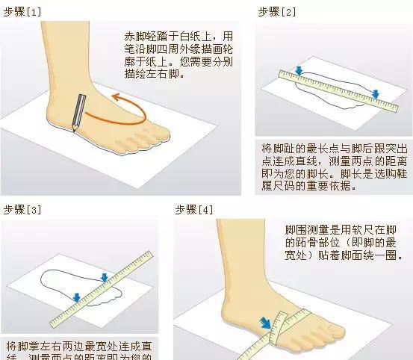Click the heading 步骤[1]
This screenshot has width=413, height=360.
click(22, 11)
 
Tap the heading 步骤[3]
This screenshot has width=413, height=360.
click(22, 208)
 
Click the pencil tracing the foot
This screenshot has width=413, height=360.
click(77, 111)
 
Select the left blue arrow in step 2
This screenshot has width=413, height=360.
click(299, 71)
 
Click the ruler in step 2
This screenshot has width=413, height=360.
click(340, 90)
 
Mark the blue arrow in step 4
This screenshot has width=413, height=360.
click(265, 323)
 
